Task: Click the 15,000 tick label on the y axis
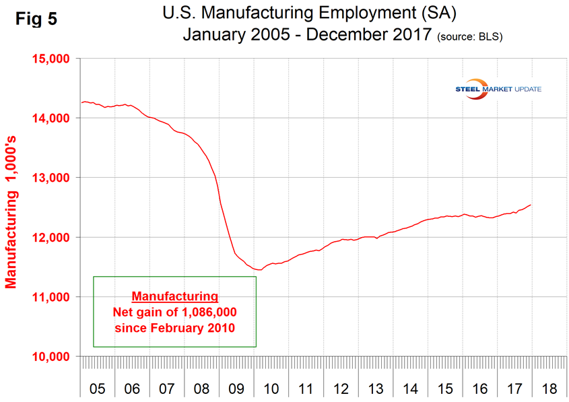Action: coord(52,59)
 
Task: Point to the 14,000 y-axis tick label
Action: coord(52,118)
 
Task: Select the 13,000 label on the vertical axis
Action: coord(52,178)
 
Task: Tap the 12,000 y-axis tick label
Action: coord(52,237)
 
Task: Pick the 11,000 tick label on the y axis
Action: coord(52,297)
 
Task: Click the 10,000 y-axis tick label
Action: coord(52,356)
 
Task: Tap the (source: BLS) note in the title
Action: coord(472,36)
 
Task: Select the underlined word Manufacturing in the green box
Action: coord(174,296)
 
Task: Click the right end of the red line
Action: coord(531,205)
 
